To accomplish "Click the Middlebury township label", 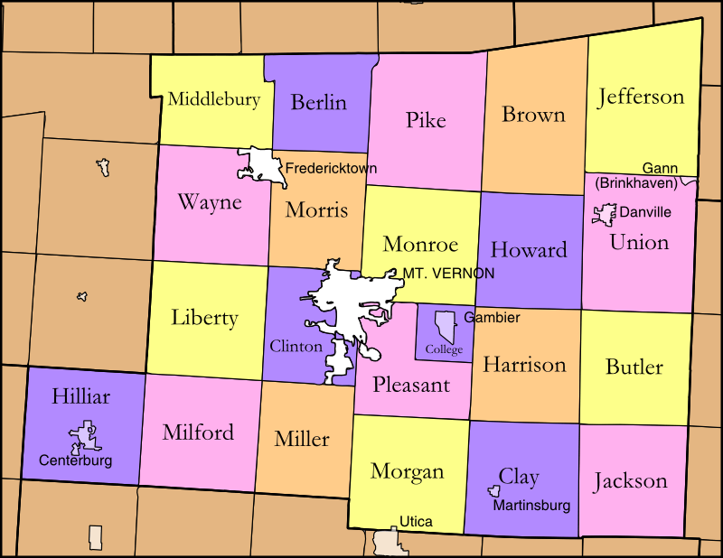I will pos(214,99).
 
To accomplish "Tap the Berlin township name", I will pos(318,102).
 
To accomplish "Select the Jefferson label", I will pos(642,97).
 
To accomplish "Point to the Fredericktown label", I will pos(331,168).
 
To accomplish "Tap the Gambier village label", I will pos(492,318).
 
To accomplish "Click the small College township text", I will pos(444,349).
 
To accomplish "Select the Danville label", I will pos(645,212).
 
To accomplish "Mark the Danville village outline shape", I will pos(603,214).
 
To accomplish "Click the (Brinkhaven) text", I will pos(636,183).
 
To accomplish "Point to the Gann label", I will pos(660,169).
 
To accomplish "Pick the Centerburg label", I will pos(76,460).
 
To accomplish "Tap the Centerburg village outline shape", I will pos(84,437).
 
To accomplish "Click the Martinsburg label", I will pos(531,506).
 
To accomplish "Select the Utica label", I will pos(416,521).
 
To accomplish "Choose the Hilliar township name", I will pos(80,397).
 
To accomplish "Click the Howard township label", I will pos(529,250).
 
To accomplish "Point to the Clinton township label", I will pos(296,346).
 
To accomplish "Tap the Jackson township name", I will pos(631,480).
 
